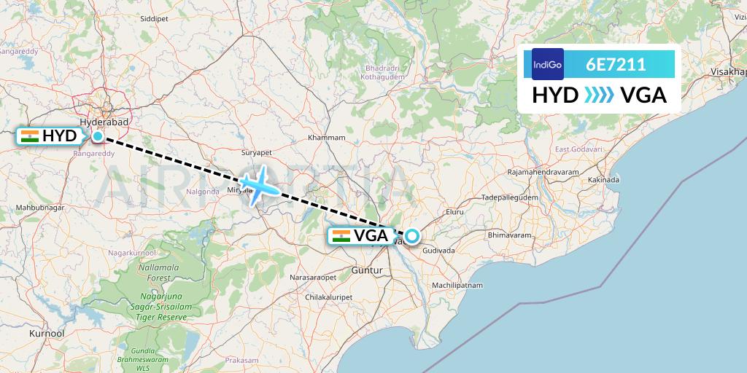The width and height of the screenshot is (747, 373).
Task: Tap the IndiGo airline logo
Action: [x=548, y=64]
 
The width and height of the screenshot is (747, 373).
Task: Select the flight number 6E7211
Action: [x=616, y=64]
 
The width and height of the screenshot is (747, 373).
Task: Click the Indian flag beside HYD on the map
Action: [x=30, y=136]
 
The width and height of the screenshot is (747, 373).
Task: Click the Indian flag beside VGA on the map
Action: [x=341, y=235]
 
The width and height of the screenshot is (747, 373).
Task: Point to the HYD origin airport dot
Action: [x=97, y=136]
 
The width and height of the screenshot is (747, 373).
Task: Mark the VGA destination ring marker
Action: [x=412, y=235]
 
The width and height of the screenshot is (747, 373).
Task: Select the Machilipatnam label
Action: [x=457, y=285]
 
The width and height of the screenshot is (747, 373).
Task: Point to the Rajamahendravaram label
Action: [x=544, y=171]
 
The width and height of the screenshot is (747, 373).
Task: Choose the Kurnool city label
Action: [x=47, y=333]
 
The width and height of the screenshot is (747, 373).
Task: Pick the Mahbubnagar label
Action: [x=41, y=208]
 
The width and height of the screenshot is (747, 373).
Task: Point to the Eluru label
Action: [x=455, y=212]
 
